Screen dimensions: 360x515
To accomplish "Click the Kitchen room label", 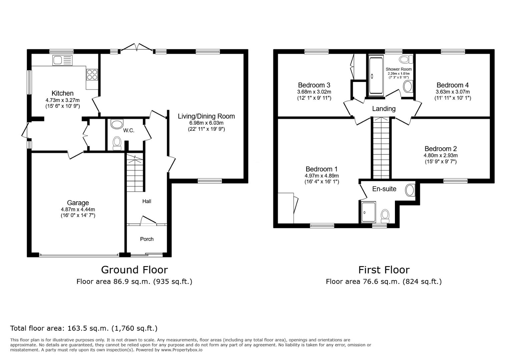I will [x=62, y=93].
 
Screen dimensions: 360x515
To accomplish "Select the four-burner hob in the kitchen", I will [x=92, y=74].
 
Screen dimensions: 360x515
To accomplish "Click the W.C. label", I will [x=129, y=130].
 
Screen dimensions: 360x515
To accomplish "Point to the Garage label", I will [x=78, y=203].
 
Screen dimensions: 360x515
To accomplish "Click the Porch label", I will [x=147, y=239].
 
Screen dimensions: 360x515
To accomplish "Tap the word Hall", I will [x=147, y=201].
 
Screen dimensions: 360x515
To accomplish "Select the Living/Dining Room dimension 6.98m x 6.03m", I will [x=206, y=123].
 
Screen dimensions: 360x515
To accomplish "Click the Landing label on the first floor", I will [x=384, y=109].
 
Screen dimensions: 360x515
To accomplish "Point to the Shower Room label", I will [x=399, y=69].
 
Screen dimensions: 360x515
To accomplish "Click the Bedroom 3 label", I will [x=314, y=85].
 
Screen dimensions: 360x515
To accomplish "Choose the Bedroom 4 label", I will [x=452, y=85].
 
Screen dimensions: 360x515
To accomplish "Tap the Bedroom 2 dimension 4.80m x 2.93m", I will [x=440, y=155].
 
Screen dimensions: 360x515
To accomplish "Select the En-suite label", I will [x=384, y=189].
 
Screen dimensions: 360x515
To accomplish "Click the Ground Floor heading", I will [x=134, y=269].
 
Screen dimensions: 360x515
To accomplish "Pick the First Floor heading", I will [x=384, y=269].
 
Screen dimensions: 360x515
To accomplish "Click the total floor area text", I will [x=84, y=328].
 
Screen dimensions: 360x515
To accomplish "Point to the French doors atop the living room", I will [x=136, y=48].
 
